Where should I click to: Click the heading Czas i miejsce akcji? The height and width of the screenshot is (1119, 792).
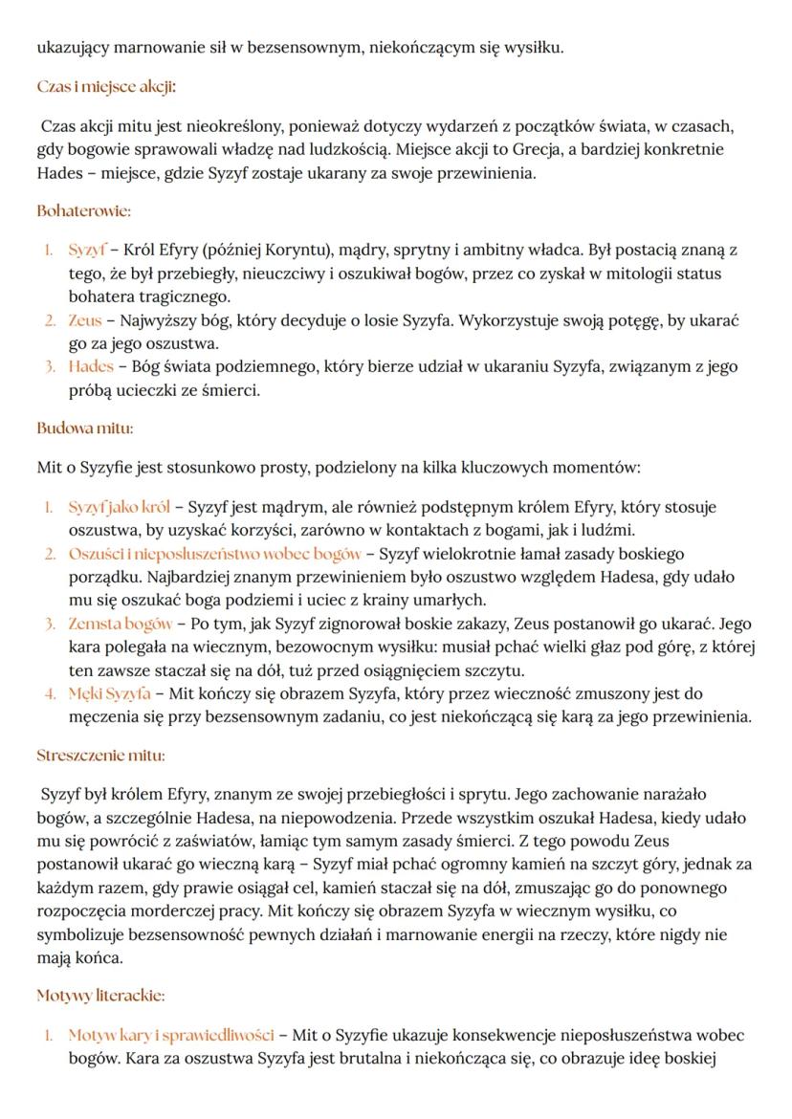(x=106, y=87)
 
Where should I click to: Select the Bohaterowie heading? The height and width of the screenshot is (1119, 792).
(x=83, y=209)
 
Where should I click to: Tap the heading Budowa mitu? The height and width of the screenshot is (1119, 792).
(x=84, y=428)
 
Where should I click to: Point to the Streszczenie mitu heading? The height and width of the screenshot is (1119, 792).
(x=100, y=755)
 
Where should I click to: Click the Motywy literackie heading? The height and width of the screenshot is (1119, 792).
(x=100, y=996)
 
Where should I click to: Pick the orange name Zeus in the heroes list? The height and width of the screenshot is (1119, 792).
(x=84, y=320)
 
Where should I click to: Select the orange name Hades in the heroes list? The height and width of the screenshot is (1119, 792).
(x=90, y=366)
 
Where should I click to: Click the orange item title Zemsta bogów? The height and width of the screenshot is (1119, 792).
(x=121, y=624)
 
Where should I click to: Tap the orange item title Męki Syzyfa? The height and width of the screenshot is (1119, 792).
(x=106, y=692)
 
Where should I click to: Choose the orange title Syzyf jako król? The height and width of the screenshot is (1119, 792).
(x=119, y=507)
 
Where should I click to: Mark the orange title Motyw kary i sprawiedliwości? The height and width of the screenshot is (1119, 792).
(x=171, y=1036)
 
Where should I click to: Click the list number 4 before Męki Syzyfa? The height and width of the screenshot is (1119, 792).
(x=50, y=693)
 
